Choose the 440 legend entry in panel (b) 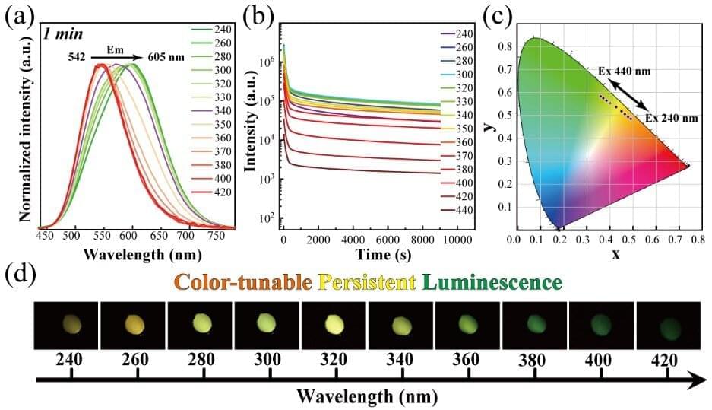coord(464,208)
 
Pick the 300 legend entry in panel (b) coord(464,74)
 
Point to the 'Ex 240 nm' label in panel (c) coord(672,119)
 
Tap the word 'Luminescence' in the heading coord(491,282)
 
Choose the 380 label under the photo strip coord(534,359)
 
